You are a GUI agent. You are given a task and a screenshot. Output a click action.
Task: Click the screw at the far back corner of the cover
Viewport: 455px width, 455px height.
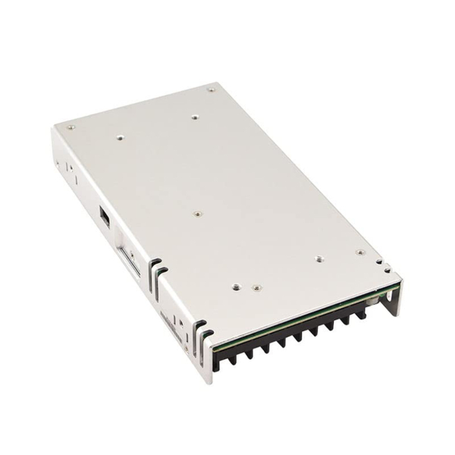(x=211, y=89)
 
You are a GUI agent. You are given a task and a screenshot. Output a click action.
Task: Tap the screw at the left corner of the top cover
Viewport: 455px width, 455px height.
(x=71, y=127)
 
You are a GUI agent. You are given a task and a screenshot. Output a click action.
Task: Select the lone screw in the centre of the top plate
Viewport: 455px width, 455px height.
(x=197, y=215)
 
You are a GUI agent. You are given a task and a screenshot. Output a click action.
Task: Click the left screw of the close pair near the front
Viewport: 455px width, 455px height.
(x=237, y=287)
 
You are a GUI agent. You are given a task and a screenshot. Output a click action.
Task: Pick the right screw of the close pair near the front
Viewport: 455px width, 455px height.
(x=256, y=288)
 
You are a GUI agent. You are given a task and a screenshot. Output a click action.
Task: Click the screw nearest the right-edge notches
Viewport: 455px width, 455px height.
(x=360, y=253)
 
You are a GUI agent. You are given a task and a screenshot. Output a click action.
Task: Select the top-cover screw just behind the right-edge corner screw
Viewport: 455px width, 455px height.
(x=319, y=259)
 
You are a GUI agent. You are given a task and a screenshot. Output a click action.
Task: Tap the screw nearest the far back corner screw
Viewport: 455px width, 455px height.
(x=195, y=117)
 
